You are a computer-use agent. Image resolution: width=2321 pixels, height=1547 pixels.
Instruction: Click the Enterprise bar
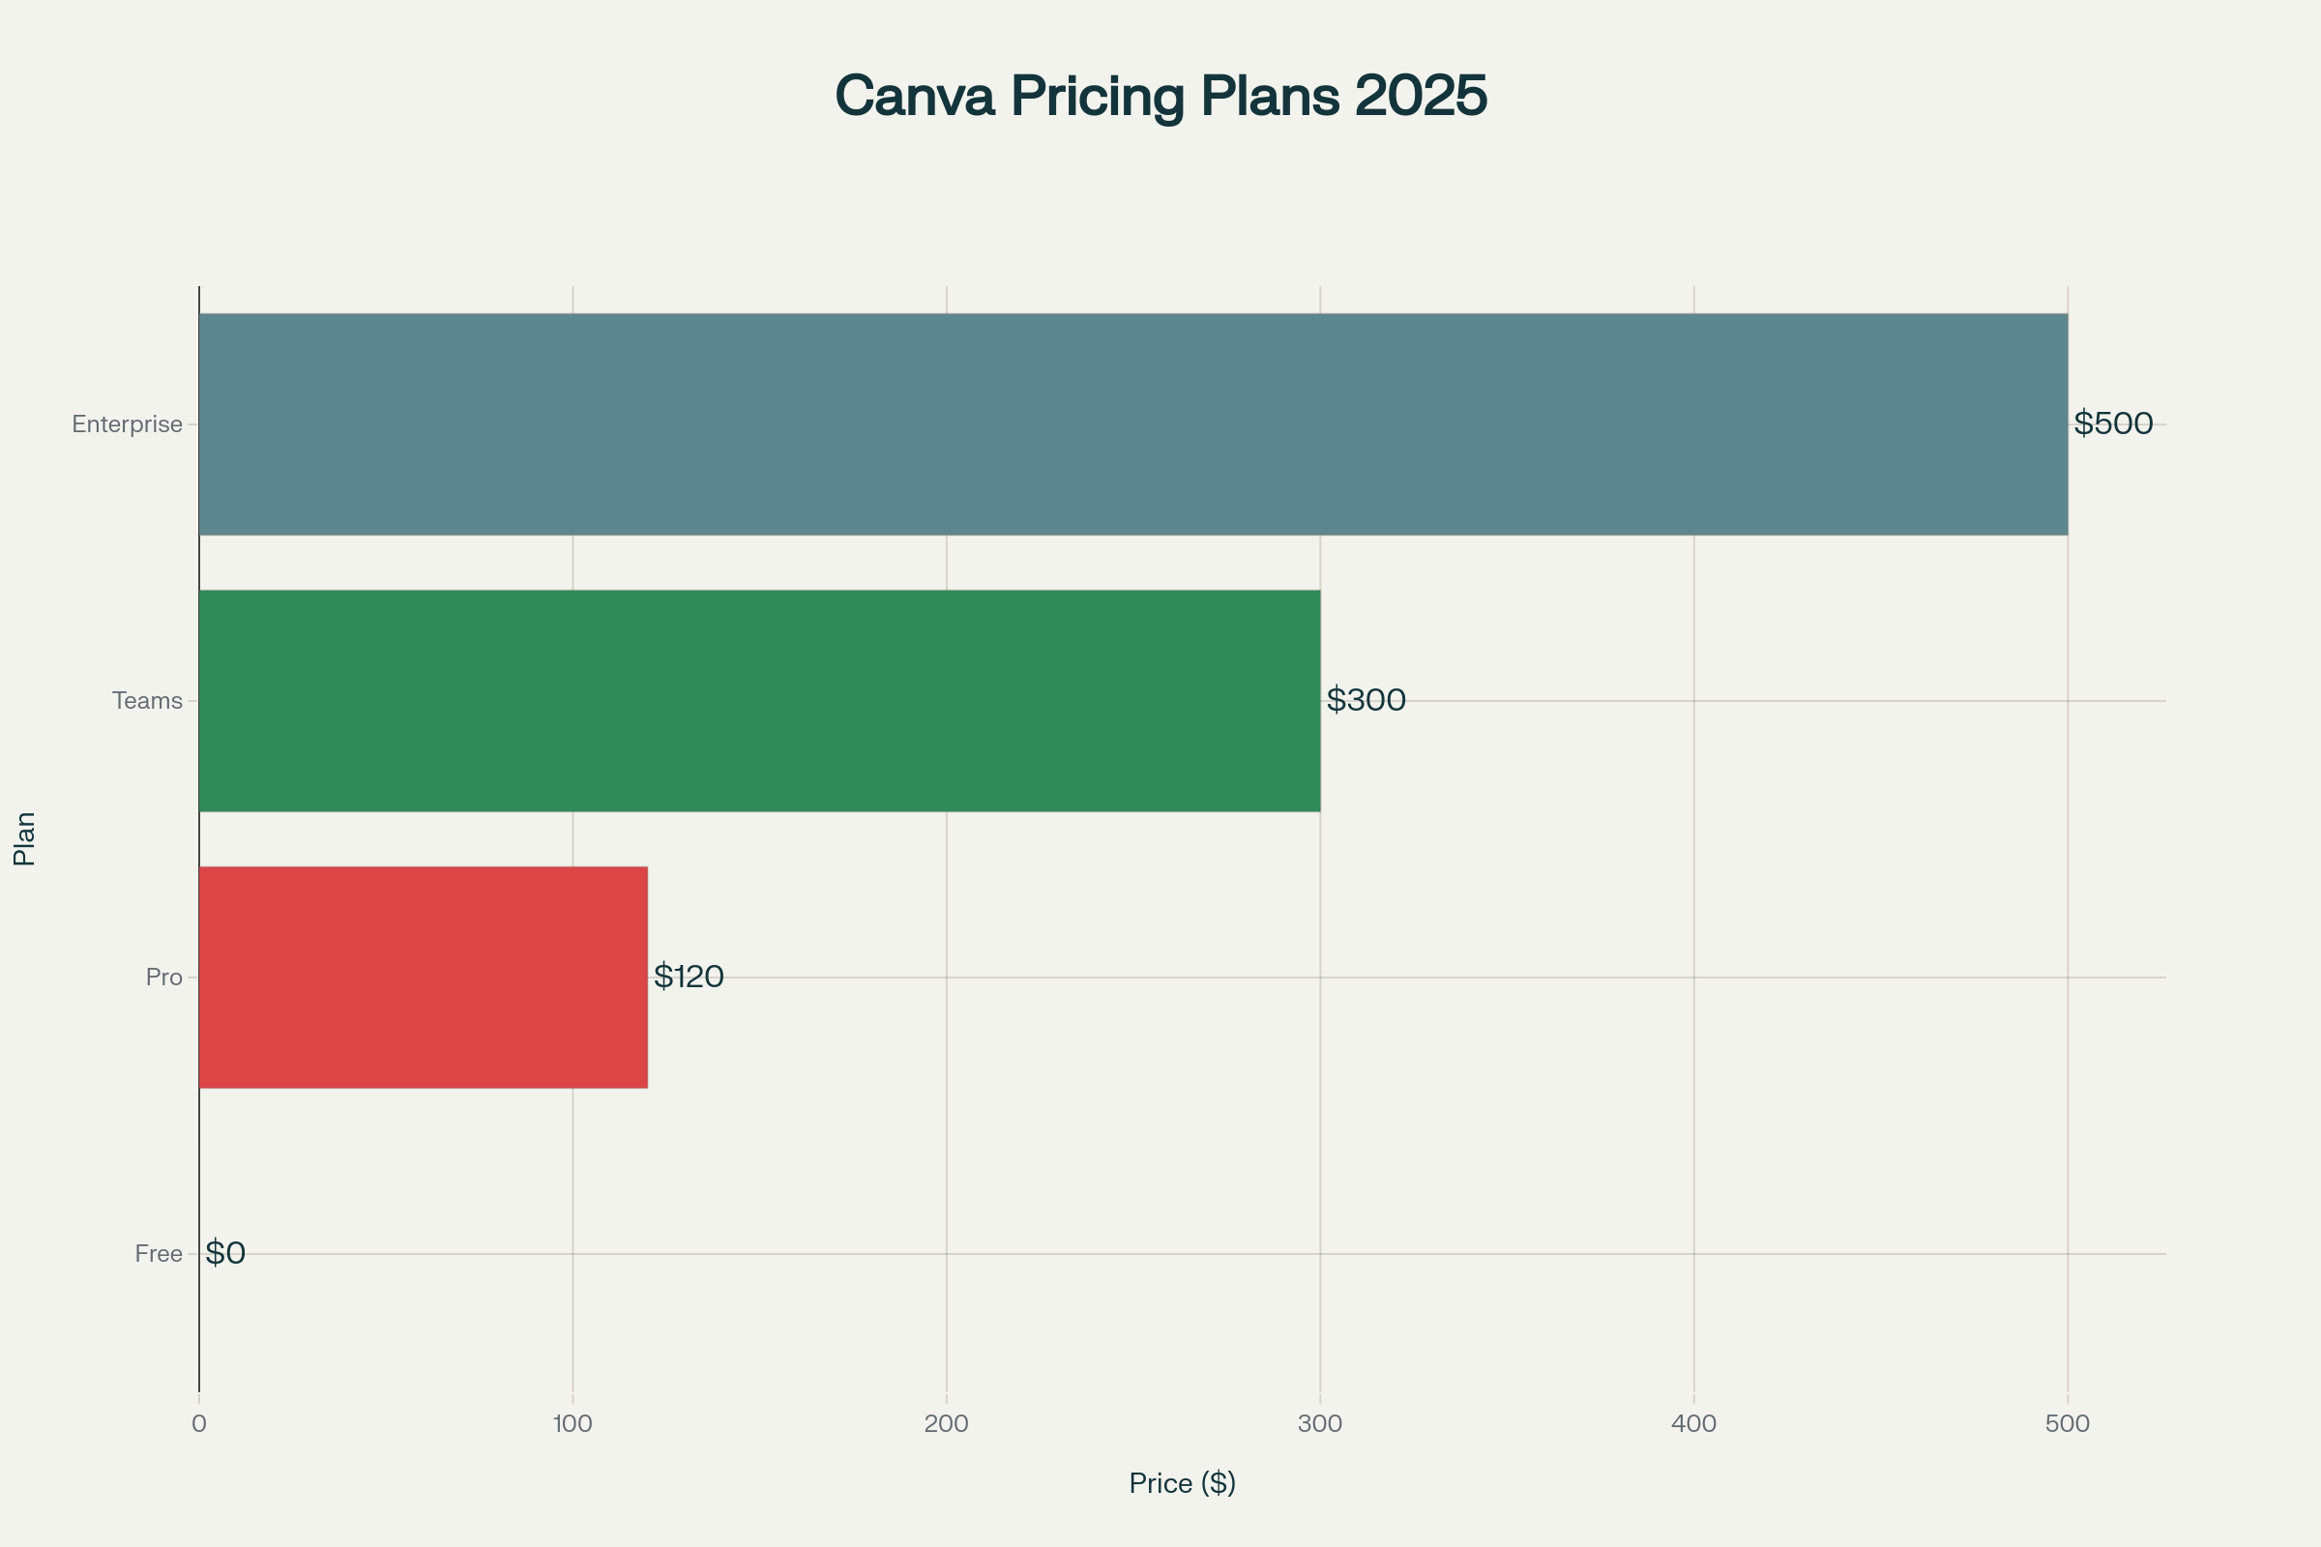click(1132, 424)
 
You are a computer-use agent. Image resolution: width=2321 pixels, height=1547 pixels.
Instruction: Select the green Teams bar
click(760, 700)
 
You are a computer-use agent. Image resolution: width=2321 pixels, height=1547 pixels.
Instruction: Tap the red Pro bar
click(424, 977)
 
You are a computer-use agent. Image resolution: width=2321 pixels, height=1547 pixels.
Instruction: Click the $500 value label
click(2113, 423)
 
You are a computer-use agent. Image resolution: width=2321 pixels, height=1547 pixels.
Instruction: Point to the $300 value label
click(1366, 699)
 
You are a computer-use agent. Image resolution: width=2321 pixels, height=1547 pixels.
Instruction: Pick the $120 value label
click(689, 977)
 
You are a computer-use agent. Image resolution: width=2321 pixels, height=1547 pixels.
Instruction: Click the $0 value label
click(225, 1253)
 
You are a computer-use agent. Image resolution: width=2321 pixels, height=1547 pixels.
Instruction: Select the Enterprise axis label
click(128, 424)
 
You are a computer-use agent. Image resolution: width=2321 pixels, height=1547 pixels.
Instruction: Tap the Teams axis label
click(147, 700)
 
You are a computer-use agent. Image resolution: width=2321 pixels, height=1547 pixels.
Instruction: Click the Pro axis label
click(163, 977)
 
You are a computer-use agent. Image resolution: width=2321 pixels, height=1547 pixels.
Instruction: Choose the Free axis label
click(159, 1254)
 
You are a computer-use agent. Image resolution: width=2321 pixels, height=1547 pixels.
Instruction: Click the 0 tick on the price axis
click(199, 1423)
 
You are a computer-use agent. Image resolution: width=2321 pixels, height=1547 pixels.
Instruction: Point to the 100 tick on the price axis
click(573, 1423)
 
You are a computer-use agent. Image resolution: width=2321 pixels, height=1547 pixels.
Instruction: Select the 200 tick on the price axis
click(947, 1423)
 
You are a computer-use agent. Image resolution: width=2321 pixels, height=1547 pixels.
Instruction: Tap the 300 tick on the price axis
click(1320, 1423)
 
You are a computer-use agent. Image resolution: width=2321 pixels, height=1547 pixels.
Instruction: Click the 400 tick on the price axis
click(1694, 1423)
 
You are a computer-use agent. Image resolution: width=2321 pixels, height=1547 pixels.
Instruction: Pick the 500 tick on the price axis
click(2068, 1423)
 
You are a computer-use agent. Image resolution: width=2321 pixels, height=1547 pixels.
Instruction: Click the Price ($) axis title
click(1182, 1483)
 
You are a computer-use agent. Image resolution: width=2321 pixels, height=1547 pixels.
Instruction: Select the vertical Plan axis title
click(25, 838)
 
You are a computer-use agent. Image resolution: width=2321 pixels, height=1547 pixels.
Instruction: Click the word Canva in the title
click(914, 96)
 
